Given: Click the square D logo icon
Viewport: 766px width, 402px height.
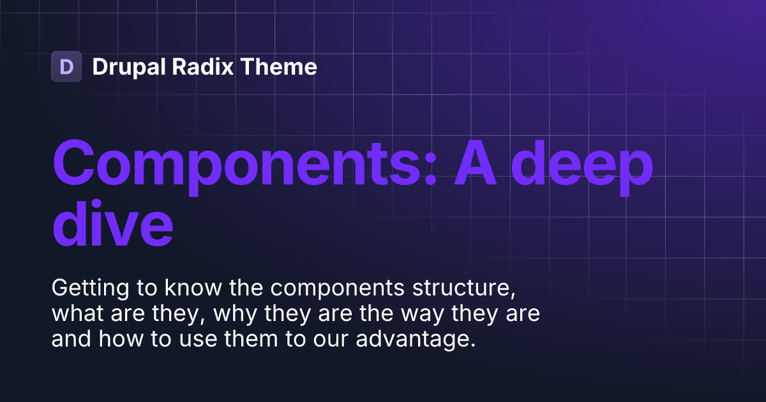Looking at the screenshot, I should tap(66, 66).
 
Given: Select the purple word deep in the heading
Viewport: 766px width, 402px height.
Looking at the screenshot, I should tap(585, 164).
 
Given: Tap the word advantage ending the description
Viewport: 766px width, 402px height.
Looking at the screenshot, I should tap(416, 340).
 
